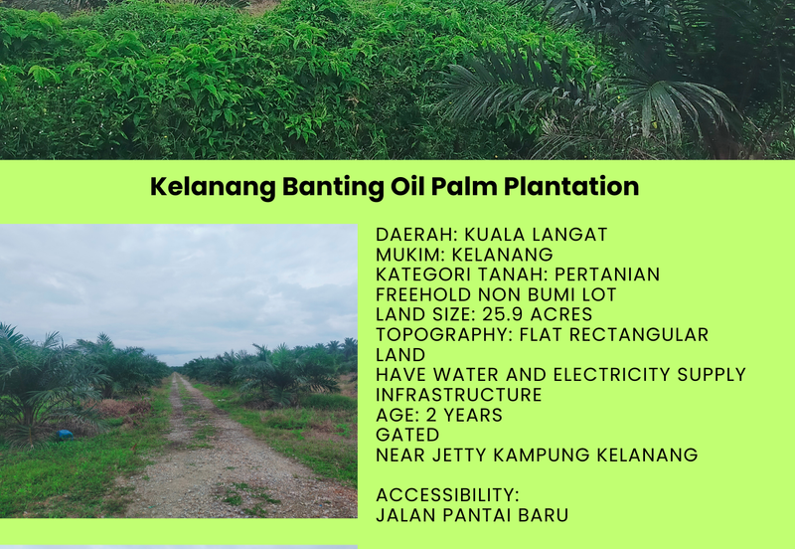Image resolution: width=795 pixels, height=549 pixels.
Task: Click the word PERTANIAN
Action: [x=606, y=274]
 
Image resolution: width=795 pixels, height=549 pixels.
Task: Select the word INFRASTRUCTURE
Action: [x=458, y=395]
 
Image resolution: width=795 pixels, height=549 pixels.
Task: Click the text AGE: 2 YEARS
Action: [x=439, y=415]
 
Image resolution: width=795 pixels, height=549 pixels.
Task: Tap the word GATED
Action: [x=406, y=435]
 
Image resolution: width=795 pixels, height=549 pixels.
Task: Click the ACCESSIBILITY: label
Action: [x=447, y=495]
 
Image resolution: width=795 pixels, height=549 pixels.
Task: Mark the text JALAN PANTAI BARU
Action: [x=472, y=515]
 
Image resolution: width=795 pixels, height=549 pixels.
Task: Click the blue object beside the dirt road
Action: [x=65, y=434]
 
